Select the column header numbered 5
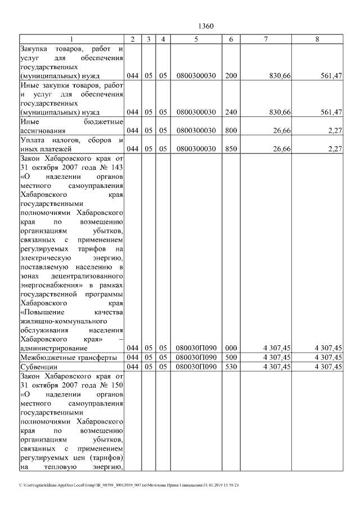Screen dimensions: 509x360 (196, 39)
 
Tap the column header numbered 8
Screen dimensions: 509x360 (318, 39)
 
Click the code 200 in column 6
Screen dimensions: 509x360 (231, 75)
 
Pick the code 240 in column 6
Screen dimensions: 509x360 (231, 112)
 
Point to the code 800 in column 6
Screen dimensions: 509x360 (231, 130)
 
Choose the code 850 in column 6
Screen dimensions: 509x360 (231, 149)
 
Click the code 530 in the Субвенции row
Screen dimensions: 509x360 (231, 367)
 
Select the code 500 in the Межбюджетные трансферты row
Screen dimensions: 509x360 (231, 357)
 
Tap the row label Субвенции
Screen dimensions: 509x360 (35, 367)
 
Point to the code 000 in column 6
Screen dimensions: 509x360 (231, 348)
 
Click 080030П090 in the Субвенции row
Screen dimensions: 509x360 (196, 367)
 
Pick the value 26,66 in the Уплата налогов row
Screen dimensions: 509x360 (280, 149)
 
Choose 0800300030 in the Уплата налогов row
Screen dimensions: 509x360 (196, 149)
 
